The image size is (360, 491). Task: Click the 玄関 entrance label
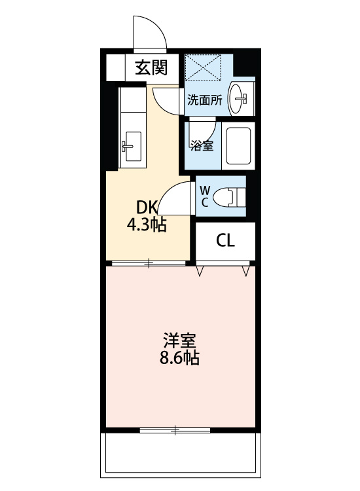pos(151,67)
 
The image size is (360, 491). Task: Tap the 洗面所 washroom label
pos(205,100)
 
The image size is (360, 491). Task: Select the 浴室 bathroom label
pos(202,145)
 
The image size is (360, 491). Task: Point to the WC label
pos(205,196)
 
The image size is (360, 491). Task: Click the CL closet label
pos(225,240)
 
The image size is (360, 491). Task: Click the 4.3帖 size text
pos(147,225)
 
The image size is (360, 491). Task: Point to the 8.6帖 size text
pos(180,358)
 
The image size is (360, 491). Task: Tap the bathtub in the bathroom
pos(238,146)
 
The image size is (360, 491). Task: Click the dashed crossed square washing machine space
pos(203,68)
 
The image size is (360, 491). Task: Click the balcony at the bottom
pos(180,455)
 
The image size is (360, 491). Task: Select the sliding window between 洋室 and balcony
pos(175,430)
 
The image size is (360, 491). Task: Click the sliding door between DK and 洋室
pos(149,263)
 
